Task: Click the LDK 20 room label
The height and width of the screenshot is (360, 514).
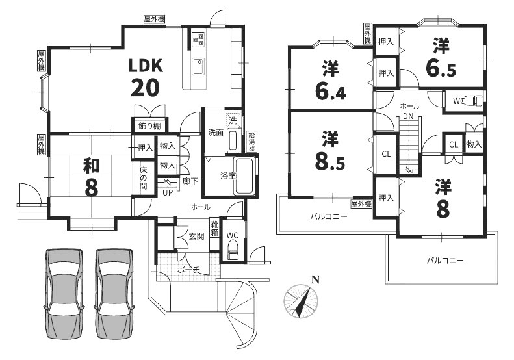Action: pos(145,78)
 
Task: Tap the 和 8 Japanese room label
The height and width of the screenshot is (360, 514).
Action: pos(91,176)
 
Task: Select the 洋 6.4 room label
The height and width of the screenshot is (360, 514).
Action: pos(330,81)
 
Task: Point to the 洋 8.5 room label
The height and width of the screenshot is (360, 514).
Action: pos(329,151)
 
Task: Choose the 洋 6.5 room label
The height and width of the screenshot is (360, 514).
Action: pos(441,58)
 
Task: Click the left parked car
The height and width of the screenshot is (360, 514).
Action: pos(64,294)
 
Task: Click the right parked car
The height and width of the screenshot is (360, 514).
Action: pos(114,294)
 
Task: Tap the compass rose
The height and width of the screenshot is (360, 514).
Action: pos(301,301)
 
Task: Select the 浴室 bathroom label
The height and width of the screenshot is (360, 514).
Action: pos(228,176)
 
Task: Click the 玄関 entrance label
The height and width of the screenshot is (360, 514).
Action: pos(196,236)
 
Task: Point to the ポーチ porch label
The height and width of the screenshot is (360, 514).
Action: pos(189,270)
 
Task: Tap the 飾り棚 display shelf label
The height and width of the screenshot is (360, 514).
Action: pos(149,126)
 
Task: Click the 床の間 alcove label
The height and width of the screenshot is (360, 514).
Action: pos(144,179)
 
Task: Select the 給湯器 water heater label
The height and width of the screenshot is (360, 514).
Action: pos(251,141)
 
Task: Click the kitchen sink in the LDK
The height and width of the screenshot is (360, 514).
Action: pos(198,67)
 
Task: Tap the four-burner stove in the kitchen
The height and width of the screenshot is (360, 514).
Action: pos(198,39)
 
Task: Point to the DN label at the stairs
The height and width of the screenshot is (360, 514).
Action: pos(408,116)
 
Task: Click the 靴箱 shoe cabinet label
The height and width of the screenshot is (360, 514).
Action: pos(214,229)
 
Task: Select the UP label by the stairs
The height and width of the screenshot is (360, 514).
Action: pos(168,193)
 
